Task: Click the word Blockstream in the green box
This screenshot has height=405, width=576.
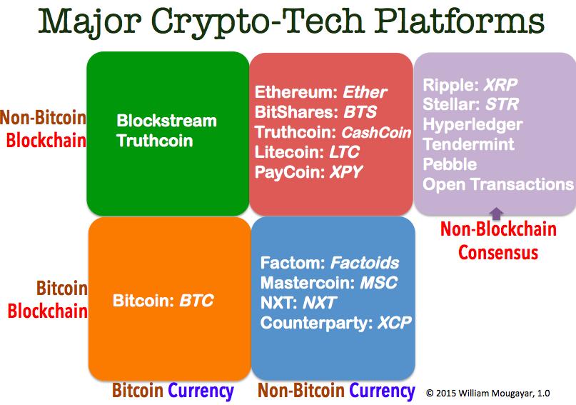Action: tap(167, 121)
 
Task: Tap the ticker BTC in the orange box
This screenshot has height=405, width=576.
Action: tap(196, 301)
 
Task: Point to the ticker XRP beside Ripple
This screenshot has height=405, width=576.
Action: tap(500, 85)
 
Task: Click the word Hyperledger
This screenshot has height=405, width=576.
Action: tap(473, 125)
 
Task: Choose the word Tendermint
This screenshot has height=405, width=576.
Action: tap(468, 144)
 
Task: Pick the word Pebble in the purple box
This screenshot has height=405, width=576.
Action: tap(450, 164)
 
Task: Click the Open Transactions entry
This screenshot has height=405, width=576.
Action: tap(498, 184)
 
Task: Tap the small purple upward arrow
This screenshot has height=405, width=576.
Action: tap(497, 214)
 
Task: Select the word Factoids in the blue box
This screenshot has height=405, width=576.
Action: tap(365, 263)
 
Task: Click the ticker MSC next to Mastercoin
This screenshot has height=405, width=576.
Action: tap(379, 283)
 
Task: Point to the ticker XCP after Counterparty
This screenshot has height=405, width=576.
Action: tap(394, 323)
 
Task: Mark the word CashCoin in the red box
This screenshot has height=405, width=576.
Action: tap(376, 132)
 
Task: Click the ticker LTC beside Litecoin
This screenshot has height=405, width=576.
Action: tap(344, 152)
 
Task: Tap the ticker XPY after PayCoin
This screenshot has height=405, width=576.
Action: tap(346, 172)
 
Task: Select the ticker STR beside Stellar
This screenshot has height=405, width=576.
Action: tap(502, 104)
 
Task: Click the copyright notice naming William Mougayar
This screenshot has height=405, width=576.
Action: tap(487, 394)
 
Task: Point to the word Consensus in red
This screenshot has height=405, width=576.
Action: tap(498, 252)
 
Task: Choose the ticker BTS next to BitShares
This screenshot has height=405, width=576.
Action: tap(360, 112)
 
